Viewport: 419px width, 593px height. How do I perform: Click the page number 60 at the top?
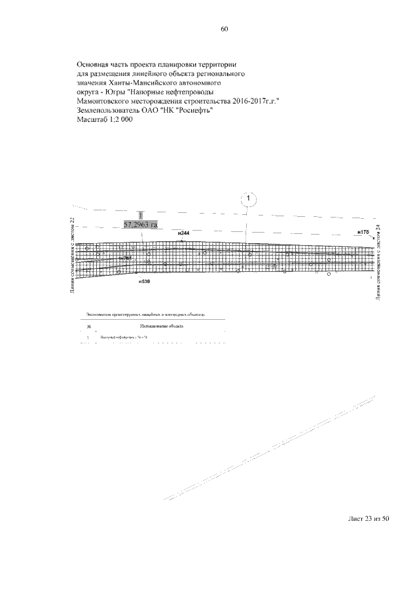[225, 29]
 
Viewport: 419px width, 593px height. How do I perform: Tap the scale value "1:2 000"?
[120, 120]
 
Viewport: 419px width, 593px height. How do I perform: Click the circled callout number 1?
[249, 198]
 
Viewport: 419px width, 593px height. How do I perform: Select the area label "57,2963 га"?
[141, 225]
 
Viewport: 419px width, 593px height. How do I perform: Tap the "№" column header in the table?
[88, 325]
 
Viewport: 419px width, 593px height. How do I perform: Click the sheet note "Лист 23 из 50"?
[369, 519]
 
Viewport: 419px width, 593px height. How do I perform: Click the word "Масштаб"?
[90, 120]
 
